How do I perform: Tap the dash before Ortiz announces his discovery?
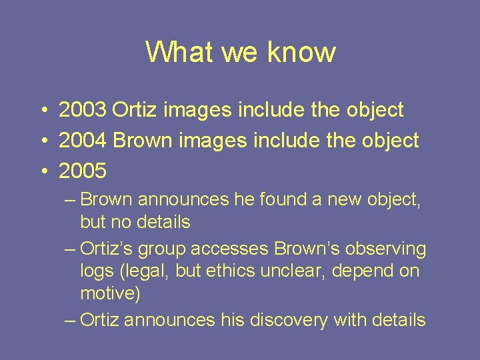coord(71,321)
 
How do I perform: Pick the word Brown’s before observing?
coord(307,249)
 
